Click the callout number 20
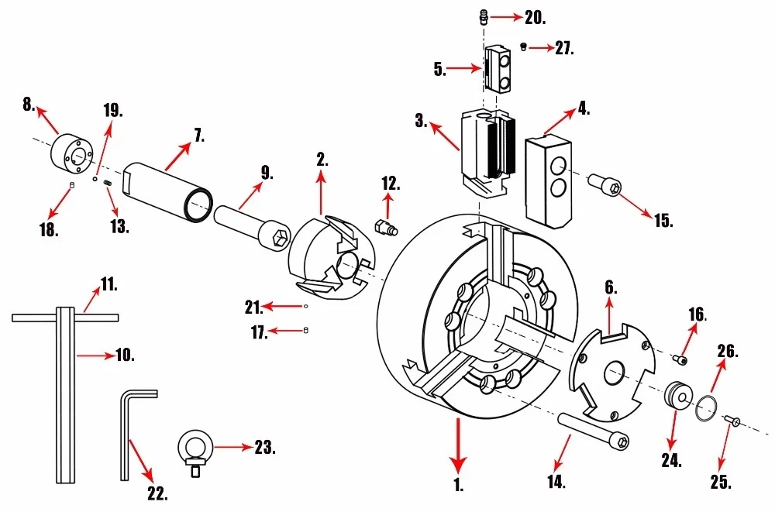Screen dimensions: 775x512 (535, 18)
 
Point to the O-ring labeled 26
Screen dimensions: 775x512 (706, 408)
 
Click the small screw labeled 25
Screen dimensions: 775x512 (732, 421)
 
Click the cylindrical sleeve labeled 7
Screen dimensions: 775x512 (168, 192)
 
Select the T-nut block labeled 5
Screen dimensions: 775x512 (499, 69)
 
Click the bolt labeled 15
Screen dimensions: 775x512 (604, 184)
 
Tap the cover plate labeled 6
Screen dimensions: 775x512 (612, 372)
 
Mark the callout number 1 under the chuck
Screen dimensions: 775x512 (459, 485)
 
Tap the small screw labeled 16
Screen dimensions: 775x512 (680, 360)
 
